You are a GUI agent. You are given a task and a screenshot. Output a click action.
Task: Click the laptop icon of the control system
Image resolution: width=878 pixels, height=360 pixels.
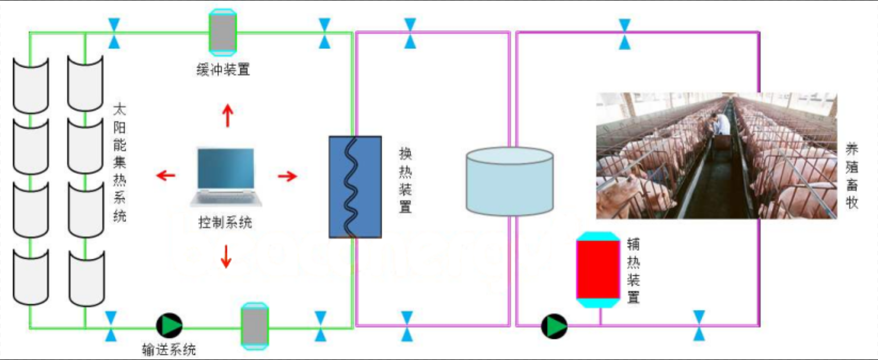pyautogui.click(x=226, y=175)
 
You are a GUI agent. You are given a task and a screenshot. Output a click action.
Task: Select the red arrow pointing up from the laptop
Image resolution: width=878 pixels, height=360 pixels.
pyautogui.click(x=227, y=116)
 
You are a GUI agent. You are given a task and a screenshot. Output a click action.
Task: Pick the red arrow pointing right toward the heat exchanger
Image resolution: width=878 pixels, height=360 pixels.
pyautogui.click(x=288, y=176)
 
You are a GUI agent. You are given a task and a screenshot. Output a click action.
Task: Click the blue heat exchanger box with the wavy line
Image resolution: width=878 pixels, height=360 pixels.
pyautogui.click(x=355, y=187)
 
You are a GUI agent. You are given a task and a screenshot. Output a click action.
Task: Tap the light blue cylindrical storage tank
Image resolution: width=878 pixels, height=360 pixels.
pyautogui.click(x=510, y=182)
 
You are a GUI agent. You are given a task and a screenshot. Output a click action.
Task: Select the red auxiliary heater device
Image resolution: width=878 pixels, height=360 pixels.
pyautogui.click(x=598, y=270)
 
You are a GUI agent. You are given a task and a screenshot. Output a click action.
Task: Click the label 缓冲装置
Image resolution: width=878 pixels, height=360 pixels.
pyautogui.click(x=222, y=71)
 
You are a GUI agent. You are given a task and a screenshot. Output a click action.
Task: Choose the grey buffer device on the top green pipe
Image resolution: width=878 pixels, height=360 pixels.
pyautogui.click(x=222, y=32)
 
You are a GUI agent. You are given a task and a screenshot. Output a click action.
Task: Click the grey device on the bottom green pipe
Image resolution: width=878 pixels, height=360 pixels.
pyautogui.click(x=254, y=326)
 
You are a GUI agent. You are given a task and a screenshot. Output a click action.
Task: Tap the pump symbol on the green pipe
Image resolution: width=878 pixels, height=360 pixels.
pyautogui.click(x=169, y=325)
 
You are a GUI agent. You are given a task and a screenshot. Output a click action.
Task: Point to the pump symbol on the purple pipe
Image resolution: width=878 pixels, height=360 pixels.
pyautogui.click(x=553, y=326)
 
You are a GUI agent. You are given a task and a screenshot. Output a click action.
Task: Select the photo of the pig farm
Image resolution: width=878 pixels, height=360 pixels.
pyautogui.click(x=716, y=156)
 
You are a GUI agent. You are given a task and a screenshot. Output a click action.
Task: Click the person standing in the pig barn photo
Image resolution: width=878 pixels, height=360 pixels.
pyautogui.click(x=720, y=123)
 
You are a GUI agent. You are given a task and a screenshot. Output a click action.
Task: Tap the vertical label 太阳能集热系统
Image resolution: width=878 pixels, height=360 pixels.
pyautogui.click(x=119, y=162)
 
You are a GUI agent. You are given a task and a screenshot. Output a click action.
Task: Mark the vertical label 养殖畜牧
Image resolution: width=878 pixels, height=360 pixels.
pyautogui.click(x=851, y=176)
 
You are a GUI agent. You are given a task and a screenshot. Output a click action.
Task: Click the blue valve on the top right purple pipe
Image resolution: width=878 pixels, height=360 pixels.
pyautogui.click(x=625, y=34)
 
